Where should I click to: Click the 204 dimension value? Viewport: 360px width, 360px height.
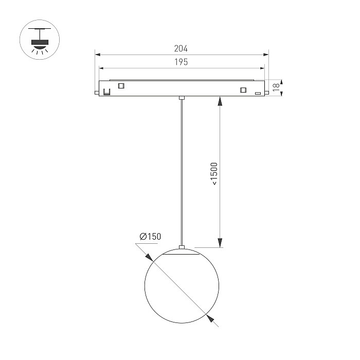[x=181, y=48]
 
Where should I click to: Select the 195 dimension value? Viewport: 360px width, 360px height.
[x=181, y=62]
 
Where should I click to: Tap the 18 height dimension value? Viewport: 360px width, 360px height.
[x=276, y=87]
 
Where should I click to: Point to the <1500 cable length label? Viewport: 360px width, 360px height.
[x=214, y=174]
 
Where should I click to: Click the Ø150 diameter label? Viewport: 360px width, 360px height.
[x=150, y=237]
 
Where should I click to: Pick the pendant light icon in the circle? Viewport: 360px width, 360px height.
[x=40, y=41]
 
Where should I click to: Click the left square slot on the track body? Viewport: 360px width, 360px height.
[x=121, y=86]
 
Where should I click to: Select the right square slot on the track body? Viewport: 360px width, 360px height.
[x=243, y=90]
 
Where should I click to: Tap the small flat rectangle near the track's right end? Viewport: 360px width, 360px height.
[x=258, y=93]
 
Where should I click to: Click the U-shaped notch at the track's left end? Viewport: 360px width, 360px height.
[x=107, y=92]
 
